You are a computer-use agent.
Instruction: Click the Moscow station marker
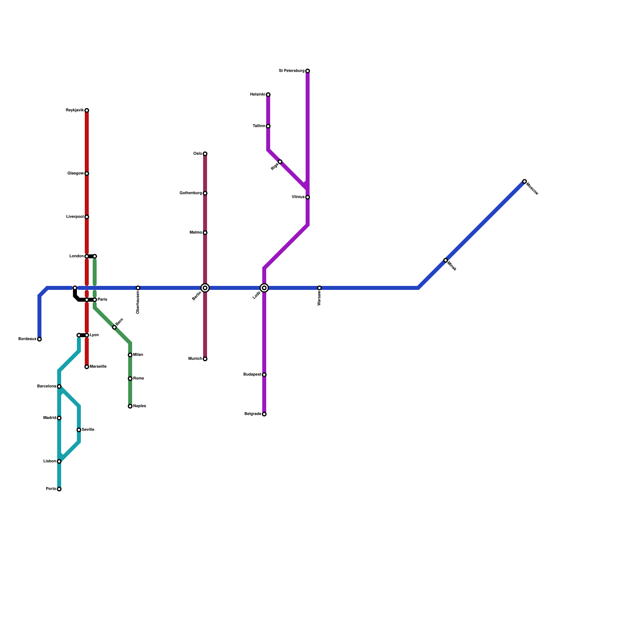pos(525,181)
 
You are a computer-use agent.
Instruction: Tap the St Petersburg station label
pos(291,71)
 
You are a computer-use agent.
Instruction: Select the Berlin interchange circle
pos(205,288)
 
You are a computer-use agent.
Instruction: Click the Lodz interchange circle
pos(264,288)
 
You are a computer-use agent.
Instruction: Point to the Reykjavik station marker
pos(87,110)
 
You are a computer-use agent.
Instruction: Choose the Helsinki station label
pos(258,95)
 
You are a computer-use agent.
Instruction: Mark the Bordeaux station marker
pos(39,339)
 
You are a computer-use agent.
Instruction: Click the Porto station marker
pos(59,489)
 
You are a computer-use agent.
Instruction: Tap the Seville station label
pos(88,430)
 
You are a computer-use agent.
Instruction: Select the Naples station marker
pos(130,406)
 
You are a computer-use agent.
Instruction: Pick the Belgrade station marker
pos(264,414)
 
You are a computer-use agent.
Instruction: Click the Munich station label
pos(195,359)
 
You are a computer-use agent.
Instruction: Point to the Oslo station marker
pos(205,154)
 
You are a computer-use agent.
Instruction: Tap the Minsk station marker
pos(446,260)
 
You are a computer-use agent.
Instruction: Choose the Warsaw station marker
pos(319,288)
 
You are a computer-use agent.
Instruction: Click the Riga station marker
pos(280,162)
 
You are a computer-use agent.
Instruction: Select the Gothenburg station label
pos(191,193)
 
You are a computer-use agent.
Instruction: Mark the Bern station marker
pos(114,327)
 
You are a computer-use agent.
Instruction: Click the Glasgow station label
pos(75,174)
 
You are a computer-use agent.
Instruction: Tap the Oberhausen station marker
pos(138,288)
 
